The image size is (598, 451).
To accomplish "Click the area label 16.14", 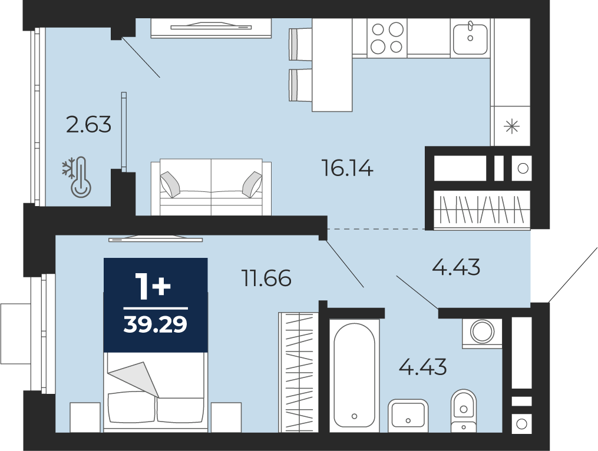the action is pos(347,168).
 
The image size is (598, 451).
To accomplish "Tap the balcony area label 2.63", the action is pos(88,125).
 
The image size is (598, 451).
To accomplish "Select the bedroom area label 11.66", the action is pos(266,278).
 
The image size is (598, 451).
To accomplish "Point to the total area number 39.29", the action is pos(156,324).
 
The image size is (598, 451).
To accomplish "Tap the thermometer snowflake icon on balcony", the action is pos(77,177).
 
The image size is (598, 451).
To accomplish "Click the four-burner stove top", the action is pos(387,38).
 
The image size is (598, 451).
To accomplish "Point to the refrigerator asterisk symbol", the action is pos(512,126).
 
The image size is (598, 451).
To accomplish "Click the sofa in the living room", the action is pos(211,187).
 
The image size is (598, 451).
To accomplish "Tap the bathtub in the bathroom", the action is pos(354,376).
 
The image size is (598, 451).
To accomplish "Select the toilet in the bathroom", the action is pos(463,411).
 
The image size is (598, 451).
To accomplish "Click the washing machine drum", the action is pos(483,330).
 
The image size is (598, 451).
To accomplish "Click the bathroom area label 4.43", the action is pos(422,367).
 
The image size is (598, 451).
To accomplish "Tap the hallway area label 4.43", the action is pos(456,267).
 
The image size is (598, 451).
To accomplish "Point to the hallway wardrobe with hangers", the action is pos(482,210).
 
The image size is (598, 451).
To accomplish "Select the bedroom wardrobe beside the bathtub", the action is pos(299,373).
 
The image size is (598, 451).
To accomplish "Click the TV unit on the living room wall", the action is pos(211,28).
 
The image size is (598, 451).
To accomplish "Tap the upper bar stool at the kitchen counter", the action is pos(300,45).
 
